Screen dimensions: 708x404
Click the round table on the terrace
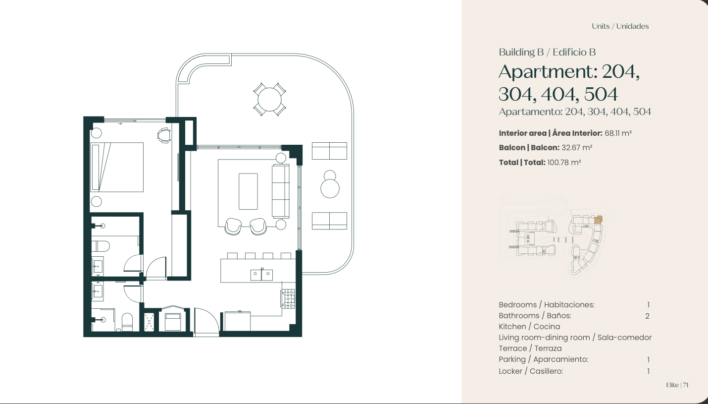pos(269,99)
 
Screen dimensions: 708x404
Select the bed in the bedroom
pos(117,167)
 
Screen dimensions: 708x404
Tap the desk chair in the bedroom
pos(164,135)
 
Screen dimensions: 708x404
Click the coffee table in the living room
pos(248,191)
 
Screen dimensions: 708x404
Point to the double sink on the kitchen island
pos(261,275)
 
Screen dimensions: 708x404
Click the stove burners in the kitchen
pos(288,298)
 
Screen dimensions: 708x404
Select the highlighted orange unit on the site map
pos(598,220)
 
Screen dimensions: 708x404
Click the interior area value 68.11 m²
pos(618,133)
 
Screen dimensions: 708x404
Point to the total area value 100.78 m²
pos(564,163)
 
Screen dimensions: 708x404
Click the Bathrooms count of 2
pos(647,316)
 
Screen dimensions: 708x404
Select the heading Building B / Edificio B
pos(547,52)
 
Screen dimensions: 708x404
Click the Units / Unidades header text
pos(620,26)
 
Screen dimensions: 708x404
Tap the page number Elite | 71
pos(677,385)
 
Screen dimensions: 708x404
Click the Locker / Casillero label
pos(531,371)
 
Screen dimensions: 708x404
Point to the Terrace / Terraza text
pos(530,348)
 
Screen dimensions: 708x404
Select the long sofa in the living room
pos(281,191)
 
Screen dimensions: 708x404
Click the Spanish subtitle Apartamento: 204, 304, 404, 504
pos(575,112)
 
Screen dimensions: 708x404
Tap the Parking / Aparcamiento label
pos(544,359)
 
